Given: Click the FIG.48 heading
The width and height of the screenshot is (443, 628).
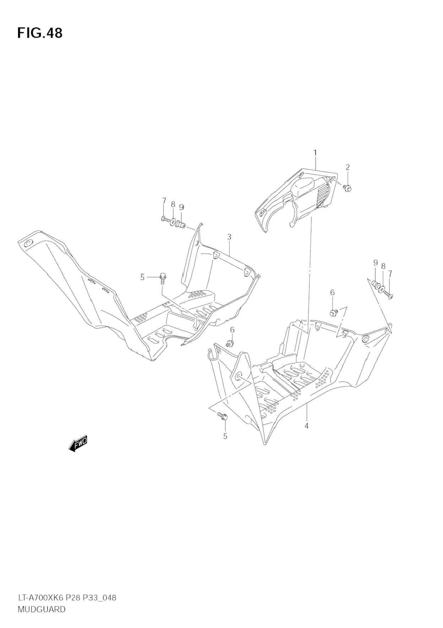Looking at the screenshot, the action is (x=40, y=33).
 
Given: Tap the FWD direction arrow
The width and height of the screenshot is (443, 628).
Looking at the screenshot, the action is (x=78, y=444).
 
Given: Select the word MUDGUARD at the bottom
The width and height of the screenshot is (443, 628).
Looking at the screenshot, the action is (x=42, y=609).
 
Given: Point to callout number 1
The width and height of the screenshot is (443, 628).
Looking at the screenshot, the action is (x=315, y=153).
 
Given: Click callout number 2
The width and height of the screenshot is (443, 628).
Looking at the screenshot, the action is (x=347, y=167).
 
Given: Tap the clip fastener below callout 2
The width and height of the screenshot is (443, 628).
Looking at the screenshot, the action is (x=347, y=188).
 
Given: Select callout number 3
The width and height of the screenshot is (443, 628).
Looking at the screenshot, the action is (x=229, y=237).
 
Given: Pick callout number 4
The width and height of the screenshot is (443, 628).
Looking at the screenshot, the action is (x=306, y=426).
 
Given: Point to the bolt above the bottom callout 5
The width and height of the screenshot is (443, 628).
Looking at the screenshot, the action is (x=223, y=416).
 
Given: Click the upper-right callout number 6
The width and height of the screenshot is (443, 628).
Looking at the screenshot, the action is (x=332, y=292).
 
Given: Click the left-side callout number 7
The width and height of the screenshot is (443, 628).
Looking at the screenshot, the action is (x=164, y=201).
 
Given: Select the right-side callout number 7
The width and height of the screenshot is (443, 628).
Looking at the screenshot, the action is (x=390, y=274).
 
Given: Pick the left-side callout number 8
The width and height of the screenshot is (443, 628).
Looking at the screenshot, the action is (x=173, y=204).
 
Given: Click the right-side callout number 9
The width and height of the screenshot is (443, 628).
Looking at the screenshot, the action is (x=375, y=263).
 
